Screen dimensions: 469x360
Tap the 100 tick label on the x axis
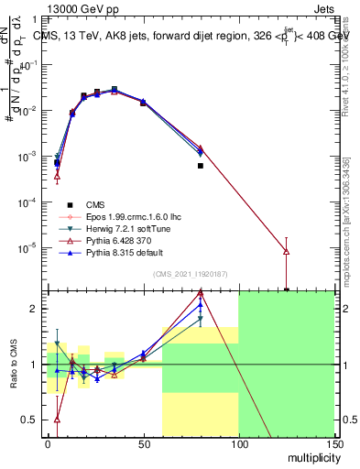[x=238, y=443]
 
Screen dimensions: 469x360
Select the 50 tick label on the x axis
[x=143, y=443]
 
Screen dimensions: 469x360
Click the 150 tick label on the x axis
[x=333, y=443]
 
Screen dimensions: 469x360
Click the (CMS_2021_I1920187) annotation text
[x=191, y=273]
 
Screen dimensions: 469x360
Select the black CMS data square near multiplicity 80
[x=201, y=166]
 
